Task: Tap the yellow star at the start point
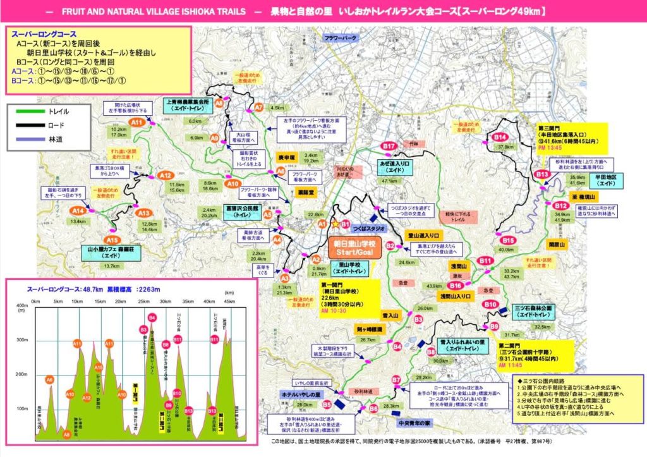coord(334,224)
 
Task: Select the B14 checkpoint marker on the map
coord(501,137)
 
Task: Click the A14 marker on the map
coord(78,210)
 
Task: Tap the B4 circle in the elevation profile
coord(152,317)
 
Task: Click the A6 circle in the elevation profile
coord(49,379)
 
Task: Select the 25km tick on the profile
coord(143,302)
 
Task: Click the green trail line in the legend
coord(29,111)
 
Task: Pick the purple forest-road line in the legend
coord(29,138)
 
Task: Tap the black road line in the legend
coord(29,125)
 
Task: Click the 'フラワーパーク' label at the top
coord(341,37)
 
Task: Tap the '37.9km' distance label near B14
coord(505,147)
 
